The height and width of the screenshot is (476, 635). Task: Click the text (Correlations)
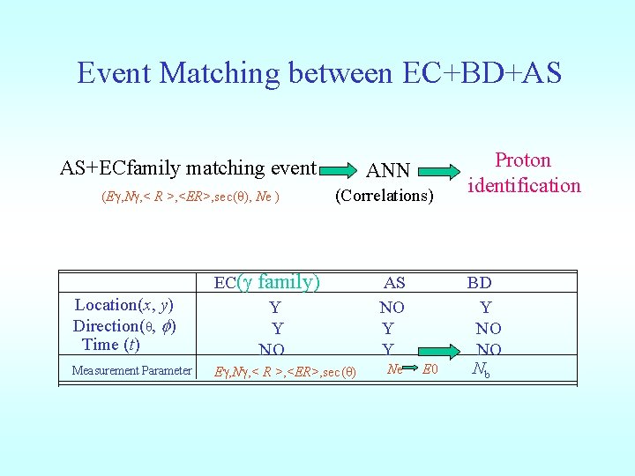tap(385, 196)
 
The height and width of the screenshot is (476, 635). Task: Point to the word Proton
tap(523, 160)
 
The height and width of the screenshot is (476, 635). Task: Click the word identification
tap(524, 185)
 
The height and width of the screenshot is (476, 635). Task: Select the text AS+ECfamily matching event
tap(188, 167)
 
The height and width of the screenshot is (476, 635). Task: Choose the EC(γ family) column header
tap(267, 283)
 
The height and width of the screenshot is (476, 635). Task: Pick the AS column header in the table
tap(394, 283)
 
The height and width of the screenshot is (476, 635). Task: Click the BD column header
tap(480, 283)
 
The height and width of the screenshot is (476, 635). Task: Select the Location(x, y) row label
tap(123, 305)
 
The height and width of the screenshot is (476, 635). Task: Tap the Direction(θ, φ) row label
tap(124, 325)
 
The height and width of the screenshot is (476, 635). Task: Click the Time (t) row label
tap(110, 345)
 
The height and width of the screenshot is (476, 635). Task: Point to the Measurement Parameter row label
tap(131, 370)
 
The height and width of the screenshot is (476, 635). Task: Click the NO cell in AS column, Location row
tap(392, 308)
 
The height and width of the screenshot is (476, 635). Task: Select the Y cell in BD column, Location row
tap(485, 308)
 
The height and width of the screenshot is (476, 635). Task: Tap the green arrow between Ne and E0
tap(412, 368)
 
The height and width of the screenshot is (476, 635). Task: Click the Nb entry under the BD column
tap(482, 369)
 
